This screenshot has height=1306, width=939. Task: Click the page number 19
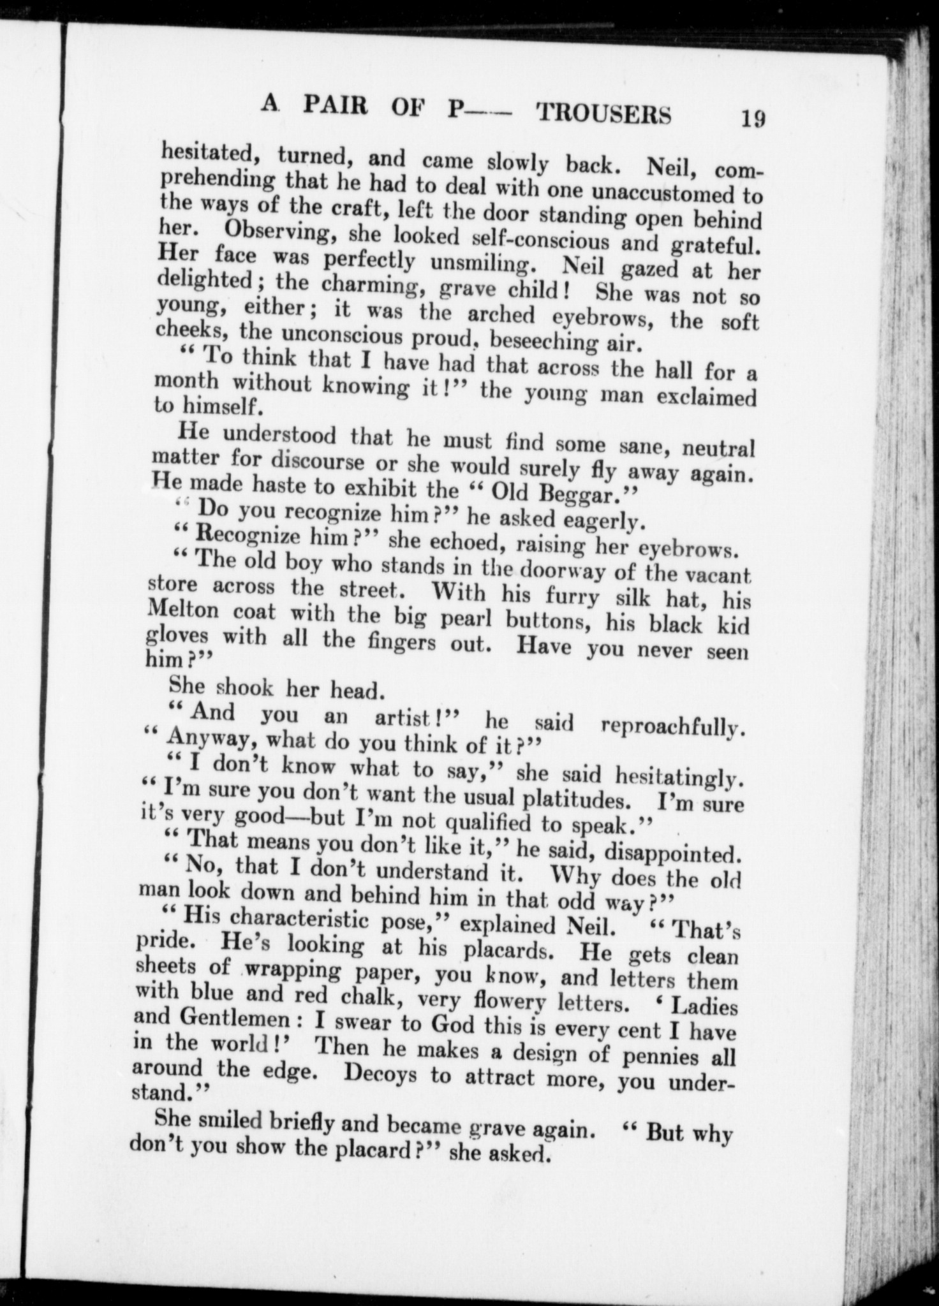coord(753,119)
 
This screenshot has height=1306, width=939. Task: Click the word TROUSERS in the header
coord(603,114)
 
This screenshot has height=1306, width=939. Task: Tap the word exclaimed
coord(706,399)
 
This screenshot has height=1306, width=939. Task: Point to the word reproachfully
coord(674,727)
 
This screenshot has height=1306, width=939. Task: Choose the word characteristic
coord(297,919)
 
